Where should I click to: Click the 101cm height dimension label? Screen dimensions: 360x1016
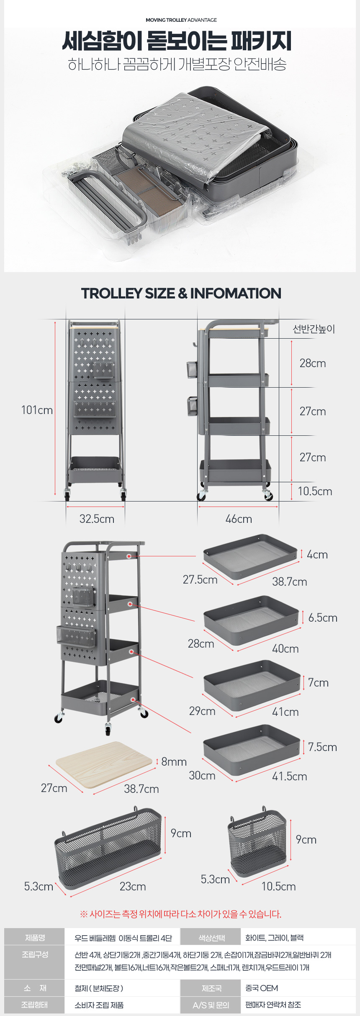(37, 410)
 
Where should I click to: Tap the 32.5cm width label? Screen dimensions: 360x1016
(97, 519)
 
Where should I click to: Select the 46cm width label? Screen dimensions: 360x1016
(239, 519)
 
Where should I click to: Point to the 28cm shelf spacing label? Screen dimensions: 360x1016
(313, 363)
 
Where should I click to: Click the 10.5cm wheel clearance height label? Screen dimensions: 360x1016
(315, 491)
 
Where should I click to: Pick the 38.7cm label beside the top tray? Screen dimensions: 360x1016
(290, 581)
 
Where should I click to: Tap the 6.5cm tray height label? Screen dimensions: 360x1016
(323, 617)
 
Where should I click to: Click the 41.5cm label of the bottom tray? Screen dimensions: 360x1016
(290, 776)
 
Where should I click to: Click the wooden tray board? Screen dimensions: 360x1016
(104, 764)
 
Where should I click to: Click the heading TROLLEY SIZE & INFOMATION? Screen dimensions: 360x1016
(181, 293)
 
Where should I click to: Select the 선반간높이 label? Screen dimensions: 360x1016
(314, 329)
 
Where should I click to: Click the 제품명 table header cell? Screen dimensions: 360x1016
(35, 938)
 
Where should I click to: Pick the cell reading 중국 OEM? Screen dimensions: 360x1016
(262, 988)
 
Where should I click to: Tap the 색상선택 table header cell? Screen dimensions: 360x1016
(211, 938)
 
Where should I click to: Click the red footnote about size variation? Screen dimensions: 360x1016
(180, 914)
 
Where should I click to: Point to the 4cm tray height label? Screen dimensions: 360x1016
(317, 555)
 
